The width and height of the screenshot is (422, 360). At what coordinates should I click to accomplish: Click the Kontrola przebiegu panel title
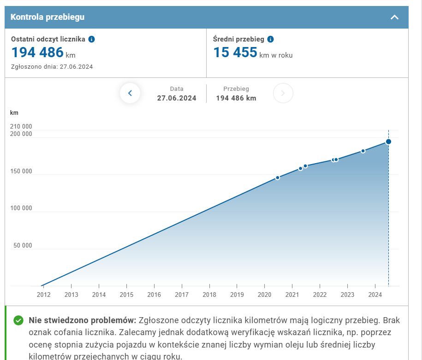click(x=48, y=18)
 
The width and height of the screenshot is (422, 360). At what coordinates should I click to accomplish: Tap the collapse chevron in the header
click(x=394, y=18)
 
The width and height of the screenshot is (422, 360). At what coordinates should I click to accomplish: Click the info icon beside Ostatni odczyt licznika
click(x=91, y=39)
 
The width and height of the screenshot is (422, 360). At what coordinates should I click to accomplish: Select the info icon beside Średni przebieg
click(x=271, y=39)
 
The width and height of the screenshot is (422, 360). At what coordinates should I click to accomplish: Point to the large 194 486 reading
click(x=37, y=53)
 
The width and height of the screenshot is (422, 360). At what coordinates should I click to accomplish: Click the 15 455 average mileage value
click(x=235, y=53)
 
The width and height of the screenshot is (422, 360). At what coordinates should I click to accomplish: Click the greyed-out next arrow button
click(x=283, y=93)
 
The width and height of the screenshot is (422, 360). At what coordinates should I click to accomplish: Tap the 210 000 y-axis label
click(x=21, y=126)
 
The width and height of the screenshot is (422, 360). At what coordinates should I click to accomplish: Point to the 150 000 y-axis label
click(x=21, y=171)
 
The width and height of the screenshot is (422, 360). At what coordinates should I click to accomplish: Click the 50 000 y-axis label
click(x=23, y=245)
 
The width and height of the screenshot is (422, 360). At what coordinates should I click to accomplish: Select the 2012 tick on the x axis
click(x=43, y=295)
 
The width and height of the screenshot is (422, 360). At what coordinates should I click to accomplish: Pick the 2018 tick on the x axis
click(x=209, y=295)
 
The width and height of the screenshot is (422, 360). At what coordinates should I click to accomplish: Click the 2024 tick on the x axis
click(x=375, y=295)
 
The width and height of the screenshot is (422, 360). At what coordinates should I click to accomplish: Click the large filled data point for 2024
click(x=389, y=142)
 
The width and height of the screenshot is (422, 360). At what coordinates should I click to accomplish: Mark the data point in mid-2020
click(x=278, y=177)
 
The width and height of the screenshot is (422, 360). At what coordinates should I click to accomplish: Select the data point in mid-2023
click(x=363, y=151)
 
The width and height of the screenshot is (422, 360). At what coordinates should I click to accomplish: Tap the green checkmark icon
click(x=18, y=320)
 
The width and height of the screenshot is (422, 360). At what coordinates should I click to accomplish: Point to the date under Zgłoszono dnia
click(x=75, y=66)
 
